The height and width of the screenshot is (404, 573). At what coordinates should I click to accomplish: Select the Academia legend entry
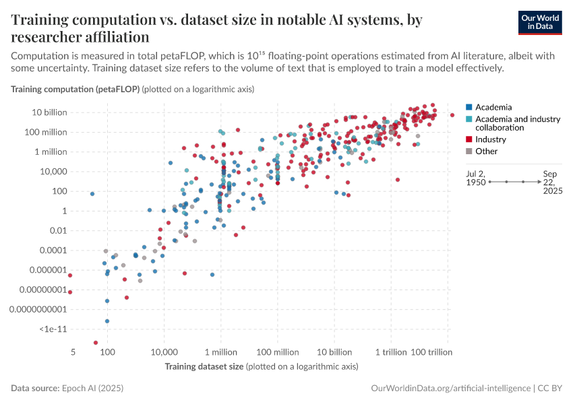(x=493, y=107)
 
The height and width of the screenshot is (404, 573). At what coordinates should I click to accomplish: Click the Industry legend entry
(x=490, y=139)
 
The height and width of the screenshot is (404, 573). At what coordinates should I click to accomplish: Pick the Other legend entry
(x=486, y=151)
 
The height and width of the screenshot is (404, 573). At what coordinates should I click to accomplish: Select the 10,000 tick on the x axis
(x=163, y=352)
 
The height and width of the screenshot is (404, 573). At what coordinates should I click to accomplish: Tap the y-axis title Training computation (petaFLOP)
(x=74, y=89)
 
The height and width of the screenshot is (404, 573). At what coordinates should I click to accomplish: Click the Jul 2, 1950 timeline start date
(x=477, y=178)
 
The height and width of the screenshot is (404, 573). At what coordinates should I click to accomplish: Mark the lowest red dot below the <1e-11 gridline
(x=95, y=343)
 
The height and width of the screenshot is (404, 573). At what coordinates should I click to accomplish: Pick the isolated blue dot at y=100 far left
(x=92, y=194)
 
